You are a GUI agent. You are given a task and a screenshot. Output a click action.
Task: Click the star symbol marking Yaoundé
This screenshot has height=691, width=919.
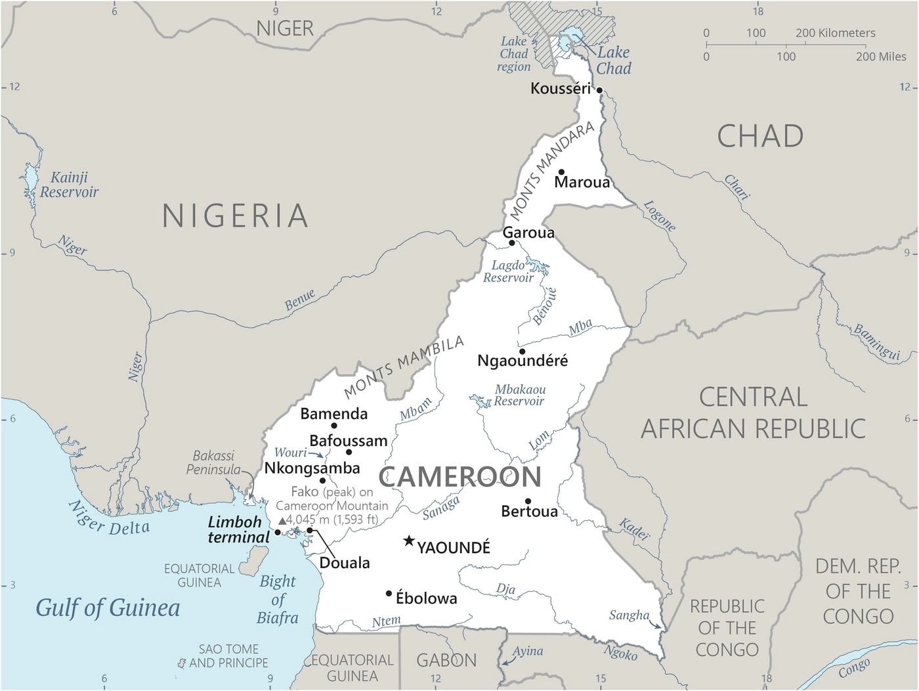pos(409,541)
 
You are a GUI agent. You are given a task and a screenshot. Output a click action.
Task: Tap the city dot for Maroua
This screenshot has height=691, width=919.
pos(561,172)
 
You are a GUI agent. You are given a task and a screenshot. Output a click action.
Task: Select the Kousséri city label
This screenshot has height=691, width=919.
pos(560,88)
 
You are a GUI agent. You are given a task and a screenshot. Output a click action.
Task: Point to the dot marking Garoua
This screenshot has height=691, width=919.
pos(512,243)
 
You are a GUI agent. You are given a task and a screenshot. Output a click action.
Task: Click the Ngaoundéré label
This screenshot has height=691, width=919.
pos(523,361)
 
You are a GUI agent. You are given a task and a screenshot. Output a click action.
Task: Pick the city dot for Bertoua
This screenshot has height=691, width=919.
pos(528,501)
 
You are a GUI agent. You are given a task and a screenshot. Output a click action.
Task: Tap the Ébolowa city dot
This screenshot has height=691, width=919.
pos(389,594)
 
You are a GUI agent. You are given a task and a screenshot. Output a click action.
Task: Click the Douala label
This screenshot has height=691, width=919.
pos(345,563)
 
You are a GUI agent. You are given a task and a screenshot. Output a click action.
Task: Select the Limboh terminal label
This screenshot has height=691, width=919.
pos(238,529)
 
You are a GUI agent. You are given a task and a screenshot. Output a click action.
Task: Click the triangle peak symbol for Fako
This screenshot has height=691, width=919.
pos(282,520)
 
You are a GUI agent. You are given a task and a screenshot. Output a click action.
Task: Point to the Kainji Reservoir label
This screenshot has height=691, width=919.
pos(69,185)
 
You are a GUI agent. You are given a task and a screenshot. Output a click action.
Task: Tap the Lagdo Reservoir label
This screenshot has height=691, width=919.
pos(509,271)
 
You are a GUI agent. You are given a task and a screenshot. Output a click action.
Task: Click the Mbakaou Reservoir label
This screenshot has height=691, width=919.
pos(519,395)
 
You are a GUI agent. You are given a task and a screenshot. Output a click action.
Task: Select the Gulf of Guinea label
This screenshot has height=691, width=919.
pos(108,608)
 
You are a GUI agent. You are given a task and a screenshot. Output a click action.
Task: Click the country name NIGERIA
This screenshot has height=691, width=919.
pos(235,215)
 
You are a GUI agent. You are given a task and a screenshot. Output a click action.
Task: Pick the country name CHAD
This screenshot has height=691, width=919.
pos(760,137)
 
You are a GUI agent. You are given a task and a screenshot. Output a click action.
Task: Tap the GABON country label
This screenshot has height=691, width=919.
pos(446,660)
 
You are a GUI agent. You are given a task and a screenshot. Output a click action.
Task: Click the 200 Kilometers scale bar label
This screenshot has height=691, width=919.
pos(835,33)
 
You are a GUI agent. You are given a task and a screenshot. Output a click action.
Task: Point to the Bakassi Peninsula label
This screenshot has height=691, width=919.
pos(213,462)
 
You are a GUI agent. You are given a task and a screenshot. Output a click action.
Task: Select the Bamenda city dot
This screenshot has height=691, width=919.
pos(334,426)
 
